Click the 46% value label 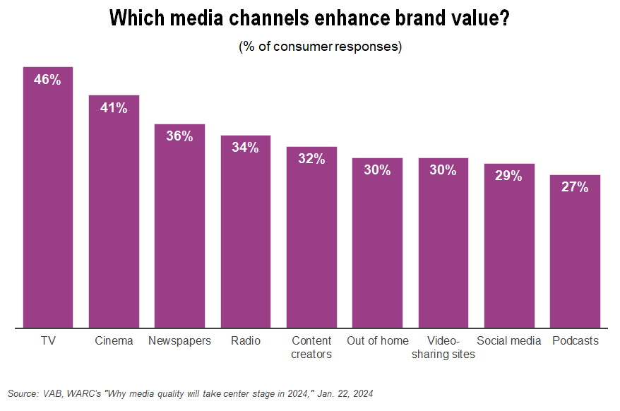[x=48, y=80]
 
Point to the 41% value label [x=114, y=108]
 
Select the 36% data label [x=179, y=136]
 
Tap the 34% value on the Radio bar [x=246, y=148]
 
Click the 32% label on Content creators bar [x=311, y=159]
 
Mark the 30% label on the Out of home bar [x=377, y=170]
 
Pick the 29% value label [x=508, y=176]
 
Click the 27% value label [x=576, y=187]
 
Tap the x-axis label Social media [x=508, y=340]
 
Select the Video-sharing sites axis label [x=443, y=347]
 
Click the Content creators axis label [x=311, y=347]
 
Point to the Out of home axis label [x=377, y=340]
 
